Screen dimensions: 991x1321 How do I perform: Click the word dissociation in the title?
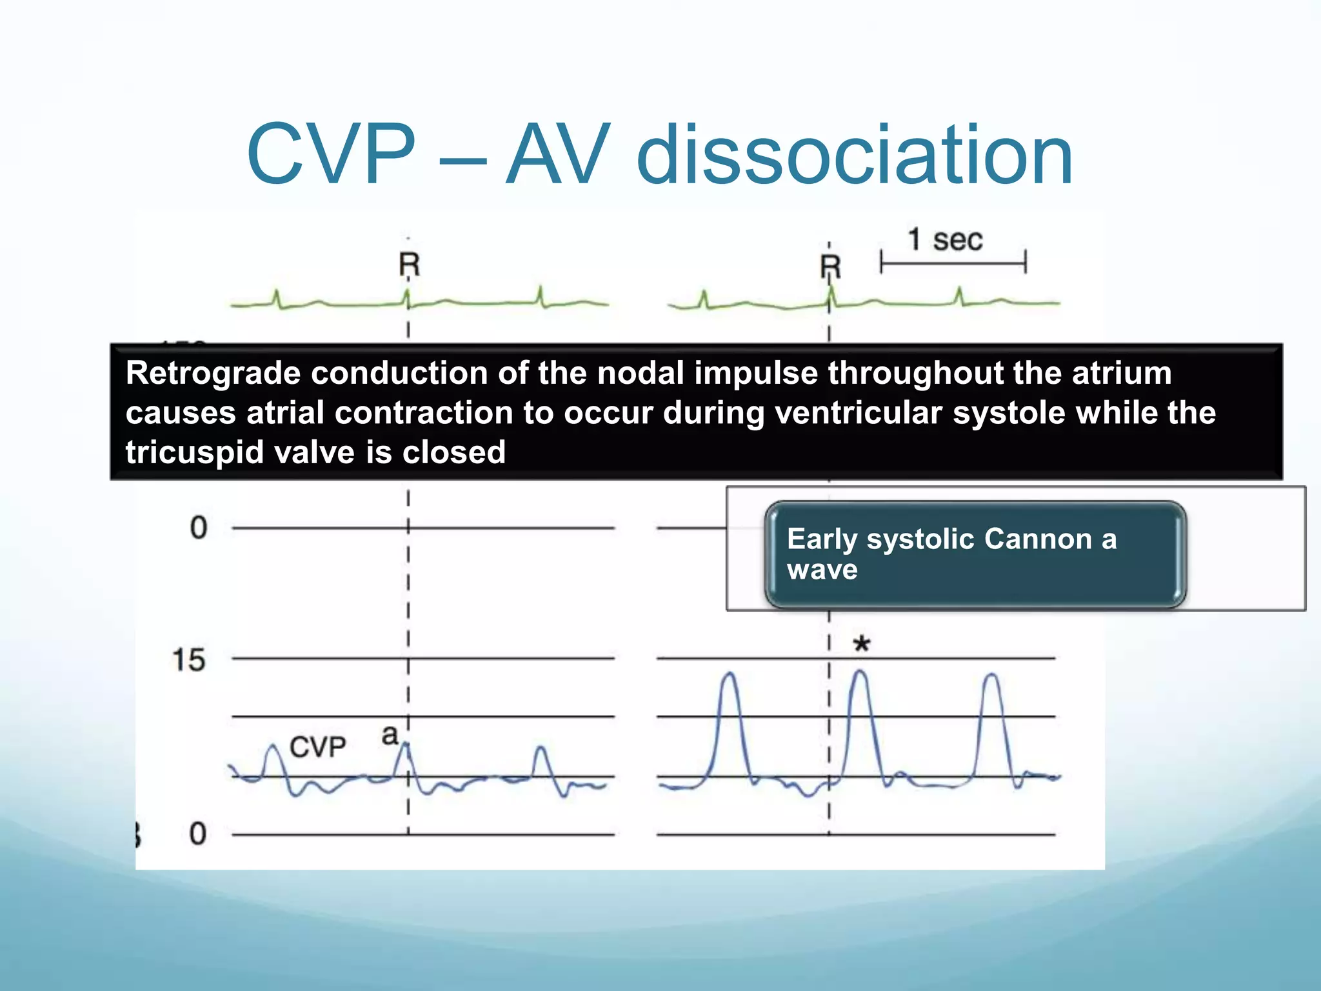855,155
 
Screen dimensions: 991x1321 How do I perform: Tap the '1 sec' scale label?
945,240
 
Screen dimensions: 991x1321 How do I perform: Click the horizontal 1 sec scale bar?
953,263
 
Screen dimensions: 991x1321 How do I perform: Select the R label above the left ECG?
409,265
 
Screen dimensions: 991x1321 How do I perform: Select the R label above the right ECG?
830,266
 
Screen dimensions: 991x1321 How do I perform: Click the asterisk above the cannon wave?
861,644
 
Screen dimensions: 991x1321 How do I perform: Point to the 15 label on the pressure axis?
188,661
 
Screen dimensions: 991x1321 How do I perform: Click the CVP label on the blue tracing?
317,747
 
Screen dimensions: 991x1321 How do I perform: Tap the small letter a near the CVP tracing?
390,735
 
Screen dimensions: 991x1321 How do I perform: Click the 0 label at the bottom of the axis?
197,834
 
